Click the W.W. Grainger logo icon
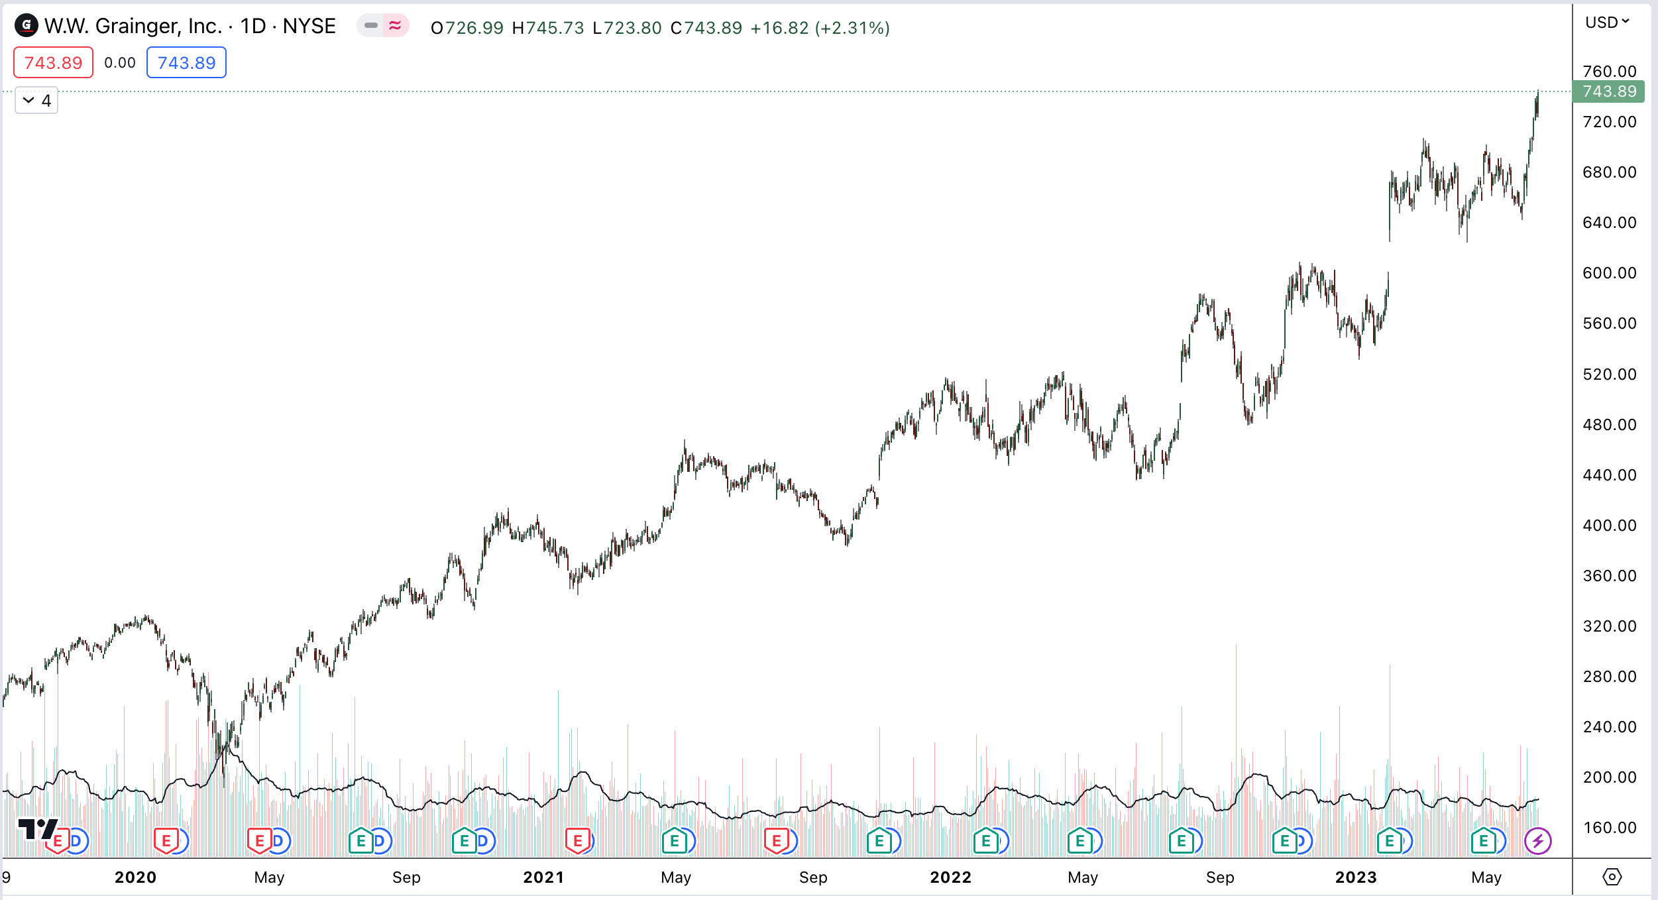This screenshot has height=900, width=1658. (x=27, y=26)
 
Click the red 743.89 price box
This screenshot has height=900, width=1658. (x=53, y=62)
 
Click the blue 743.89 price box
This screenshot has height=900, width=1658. (x=186, y=62)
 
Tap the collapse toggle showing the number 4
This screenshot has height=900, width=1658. (x=36, y=101)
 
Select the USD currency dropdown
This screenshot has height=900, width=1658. (x=1606, y=23)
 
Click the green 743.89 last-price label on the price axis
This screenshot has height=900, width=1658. (x=1609, y=91)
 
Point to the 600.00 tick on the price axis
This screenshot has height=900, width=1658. (x=1609, y=273)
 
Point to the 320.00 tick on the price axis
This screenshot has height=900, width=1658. (x=1609, y=626)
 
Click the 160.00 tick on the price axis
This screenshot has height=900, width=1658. (x=1609, y=828)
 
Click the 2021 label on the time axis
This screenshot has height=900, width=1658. (x=543, y=877)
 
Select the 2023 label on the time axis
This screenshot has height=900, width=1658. (x=1356, y=877)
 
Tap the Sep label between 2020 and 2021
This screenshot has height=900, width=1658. (x=406, y=877)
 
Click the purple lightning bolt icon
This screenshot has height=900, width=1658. (x=1537, y=842)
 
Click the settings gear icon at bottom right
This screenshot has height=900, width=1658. (x=1612, y=877)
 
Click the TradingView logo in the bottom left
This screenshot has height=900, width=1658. (x=37, y=829)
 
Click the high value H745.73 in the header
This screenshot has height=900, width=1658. (x=548, y=28)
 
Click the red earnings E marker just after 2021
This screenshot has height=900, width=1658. (x=577, y=842)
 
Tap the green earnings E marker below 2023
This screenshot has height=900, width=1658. (x=1389, y=842)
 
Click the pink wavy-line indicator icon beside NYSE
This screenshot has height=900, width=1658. (x=395, y=26)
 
